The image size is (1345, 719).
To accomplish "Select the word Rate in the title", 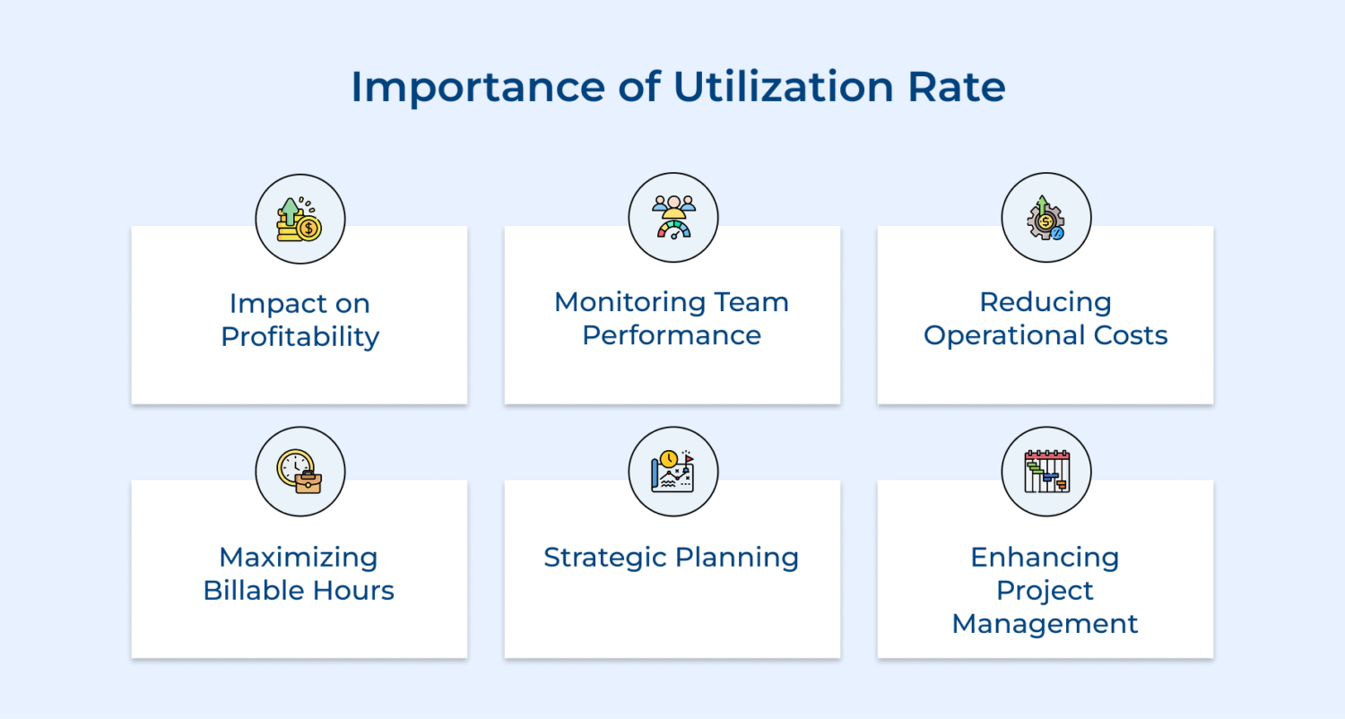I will (x=955, y=87).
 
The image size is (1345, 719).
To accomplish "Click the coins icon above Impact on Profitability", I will (x=299, y=219).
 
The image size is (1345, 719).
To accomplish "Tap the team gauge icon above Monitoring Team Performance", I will (x=672, y=218).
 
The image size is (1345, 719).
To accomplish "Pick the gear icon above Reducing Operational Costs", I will (x=1046, y=218).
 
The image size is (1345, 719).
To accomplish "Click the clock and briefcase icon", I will (x=299, y=472).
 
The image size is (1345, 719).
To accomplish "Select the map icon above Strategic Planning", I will (x=672, y=472).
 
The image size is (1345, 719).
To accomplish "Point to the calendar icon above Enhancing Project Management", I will (x=1046, y=472).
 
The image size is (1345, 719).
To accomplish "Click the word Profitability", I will (x=299, y=337).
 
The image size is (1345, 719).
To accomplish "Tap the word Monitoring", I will (x=625, y=302).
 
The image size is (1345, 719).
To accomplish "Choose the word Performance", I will (x=672, y=335).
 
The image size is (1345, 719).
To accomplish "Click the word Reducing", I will (x=1046, y=302).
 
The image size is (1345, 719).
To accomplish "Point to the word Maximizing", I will (x=299, y=557).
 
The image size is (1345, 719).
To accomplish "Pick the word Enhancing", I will (x=1045, y=557).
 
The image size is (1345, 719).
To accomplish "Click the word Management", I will (x=1045, y=623).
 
